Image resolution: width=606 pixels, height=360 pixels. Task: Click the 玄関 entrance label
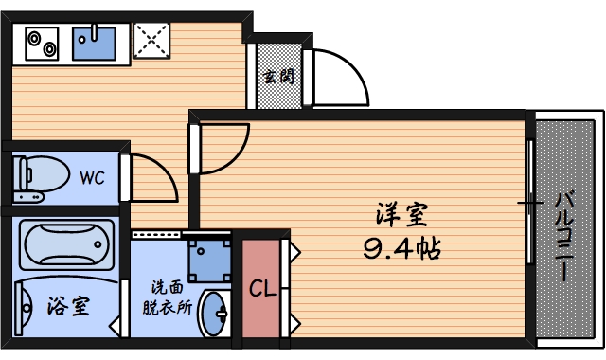click(277, 75)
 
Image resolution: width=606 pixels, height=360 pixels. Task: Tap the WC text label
click(92, 177)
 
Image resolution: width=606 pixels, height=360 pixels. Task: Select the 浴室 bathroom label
click(68, 307)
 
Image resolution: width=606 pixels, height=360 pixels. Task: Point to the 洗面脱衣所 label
click(167, 297)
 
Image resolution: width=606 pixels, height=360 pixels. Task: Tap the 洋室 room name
click(402, 216)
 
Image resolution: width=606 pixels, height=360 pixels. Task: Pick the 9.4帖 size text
click(403, 249)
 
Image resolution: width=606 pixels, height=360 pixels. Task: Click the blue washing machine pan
click(208, 256)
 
